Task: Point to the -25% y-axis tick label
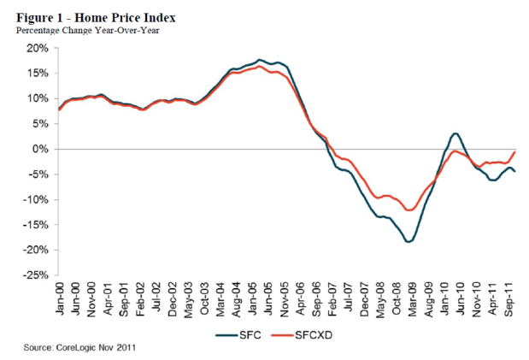point(37,275)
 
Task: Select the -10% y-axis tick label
point(37,200)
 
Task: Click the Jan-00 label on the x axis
point(59,298)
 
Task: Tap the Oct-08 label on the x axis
point(395,298)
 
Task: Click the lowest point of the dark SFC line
point(409,242)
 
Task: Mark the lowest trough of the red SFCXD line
point(411,210)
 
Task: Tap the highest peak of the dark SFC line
point(259,60)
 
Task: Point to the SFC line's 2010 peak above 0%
point(456,133)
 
